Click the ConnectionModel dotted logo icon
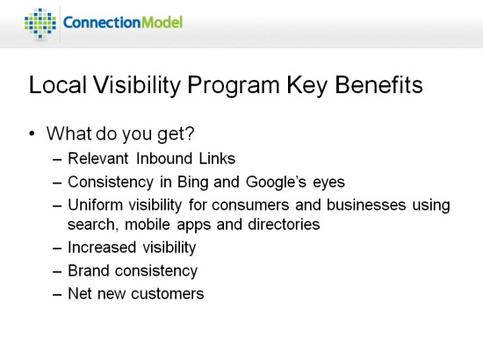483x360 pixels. [x=40, y=23]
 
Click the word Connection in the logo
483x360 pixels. [x=102, y=23]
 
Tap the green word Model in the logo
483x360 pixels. [x=162, y=23]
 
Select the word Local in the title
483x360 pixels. [x=58, y=84]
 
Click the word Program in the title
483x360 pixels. [x=234, y=86]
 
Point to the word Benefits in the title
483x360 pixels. [x=378, y=84]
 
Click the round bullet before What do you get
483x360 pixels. [x=32, y=134]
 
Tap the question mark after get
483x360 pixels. [x=190, y=133]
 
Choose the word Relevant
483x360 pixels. [x=98, y=159]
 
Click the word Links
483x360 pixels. [x=217, y=159]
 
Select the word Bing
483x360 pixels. [x=193, y=183]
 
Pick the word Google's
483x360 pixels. [x=276, y=183]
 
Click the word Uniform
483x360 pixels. [x=95, y=205]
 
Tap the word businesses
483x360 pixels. [x=366, y=205]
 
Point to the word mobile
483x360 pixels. [x=148, y=225]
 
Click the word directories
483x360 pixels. [x=284, y=225]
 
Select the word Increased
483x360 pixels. [x=102, y=248]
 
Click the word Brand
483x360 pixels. [x=89, y=270]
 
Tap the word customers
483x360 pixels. [x=168, y=294]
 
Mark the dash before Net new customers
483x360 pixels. [x=57, y=294]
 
